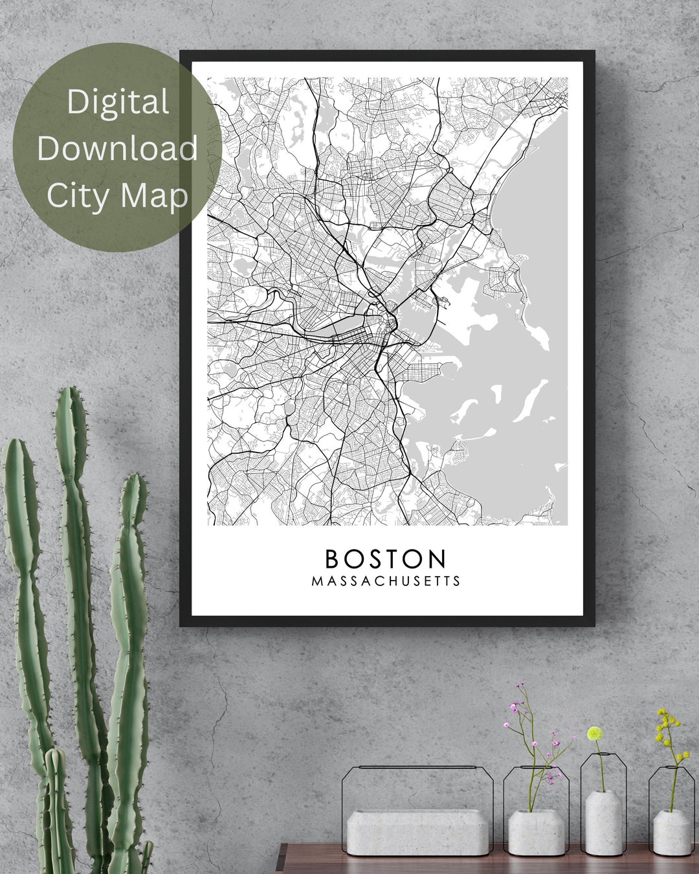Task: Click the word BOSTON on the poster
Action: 386,558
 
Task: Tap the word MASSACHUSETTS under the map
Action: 386,581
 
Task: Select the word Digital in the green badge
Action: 118,102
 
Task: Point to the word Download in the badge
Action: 117,148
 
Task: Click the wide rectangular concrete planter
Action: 417,833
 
